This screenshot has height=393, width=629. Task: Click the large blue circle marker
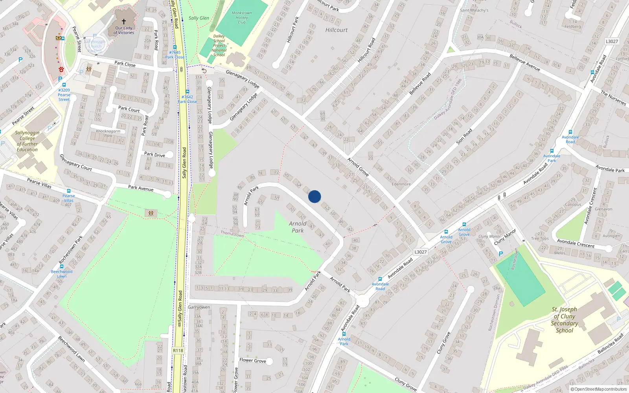pos(314,196)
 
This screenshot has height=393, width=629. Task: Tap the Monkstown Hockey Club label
pos(241,18)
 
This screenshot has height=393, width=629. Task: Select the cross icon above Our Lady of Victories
pos(124,22)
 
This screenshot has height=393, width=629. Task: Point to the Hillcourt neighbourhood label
pos(336,30)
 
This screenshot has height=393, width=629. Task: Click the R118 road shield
pos(178,351)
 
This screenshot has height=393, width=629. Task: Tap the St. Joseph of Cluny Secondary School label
pos(565,320)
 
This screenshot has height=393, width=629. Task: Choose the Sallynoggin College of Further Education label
pos(27,141)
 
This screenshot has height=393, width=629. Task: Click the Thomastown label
pos(232,234)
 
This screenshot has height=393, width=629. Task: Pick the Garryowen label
pos(199,307)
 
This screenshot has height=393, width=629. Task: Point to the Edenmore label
pos(401,184)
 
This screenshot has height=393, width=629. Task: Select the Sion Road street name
pos(464,136)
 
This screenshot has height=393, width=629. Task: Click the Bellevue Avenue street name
pos(524,62)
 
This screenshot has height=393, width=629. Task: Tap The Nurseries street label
pos(613,98)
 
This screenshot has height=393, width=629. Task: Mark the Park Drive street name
pos(154,154)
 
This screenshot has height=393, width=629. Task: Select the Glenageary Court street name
pos(75,162)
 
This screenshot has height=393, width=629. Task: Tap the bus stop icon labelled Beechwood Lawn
pos(62,266)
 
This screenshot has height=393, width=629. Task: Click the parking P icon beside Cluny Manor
pos(500,254)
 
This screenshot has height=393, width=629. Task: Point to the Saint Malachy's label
pos(474,10)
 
